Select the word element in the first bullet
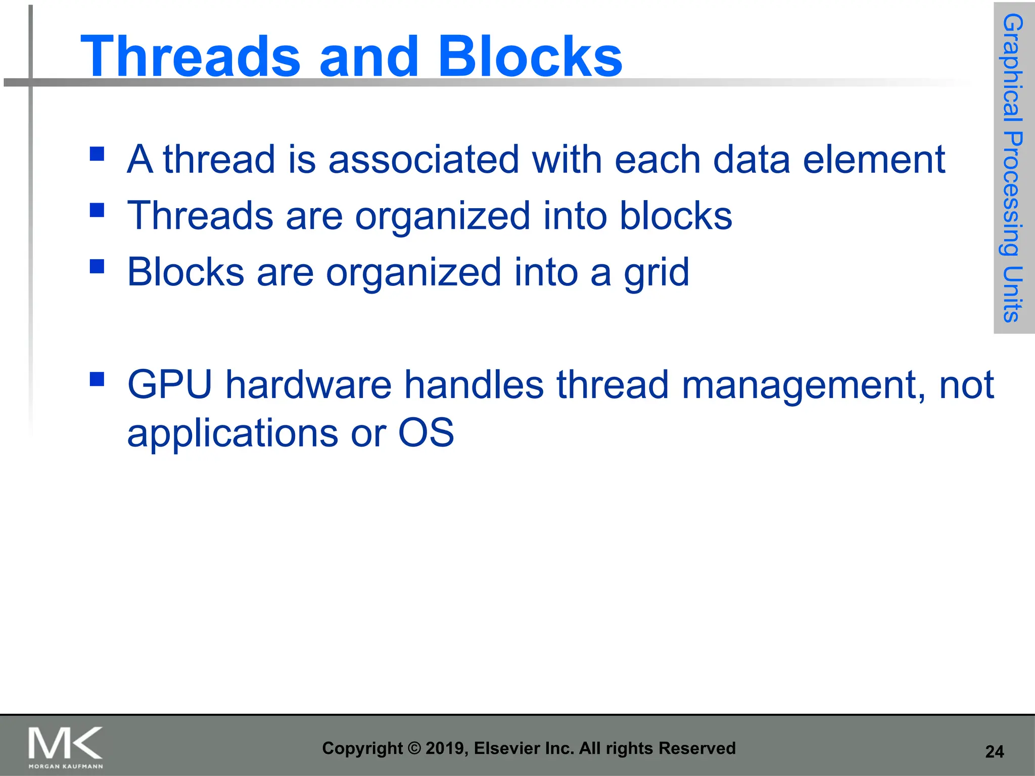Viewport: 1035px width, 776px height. [x=874, y=160]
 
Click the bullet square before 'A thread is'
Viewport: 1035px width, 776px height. [x=97, y=153]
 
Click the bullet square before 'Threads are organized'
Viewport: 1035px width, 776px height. [x=97, y=210]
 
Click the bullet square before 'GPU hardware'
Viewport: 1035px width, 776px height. [x=97, y=379]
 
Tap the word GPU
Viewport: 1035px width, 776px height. [x=170, y=385]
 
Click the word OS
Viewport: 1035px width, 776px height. [x=426, y=433]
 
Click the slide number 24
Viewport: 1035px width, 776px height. [x=994, y=752]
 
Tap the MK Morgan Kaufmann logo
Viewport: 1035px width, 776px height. [x=66, y=747]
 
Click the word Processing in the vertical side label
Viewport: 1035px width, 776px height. [x=1013, y=195]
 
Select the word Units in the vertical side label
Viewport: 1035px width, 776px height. [x=1013, y=294]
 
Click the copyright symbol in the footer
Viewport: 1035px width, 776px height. [x=414, y=748]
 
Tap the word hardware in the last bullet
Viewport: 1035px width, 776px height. [x=308, y=385]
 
